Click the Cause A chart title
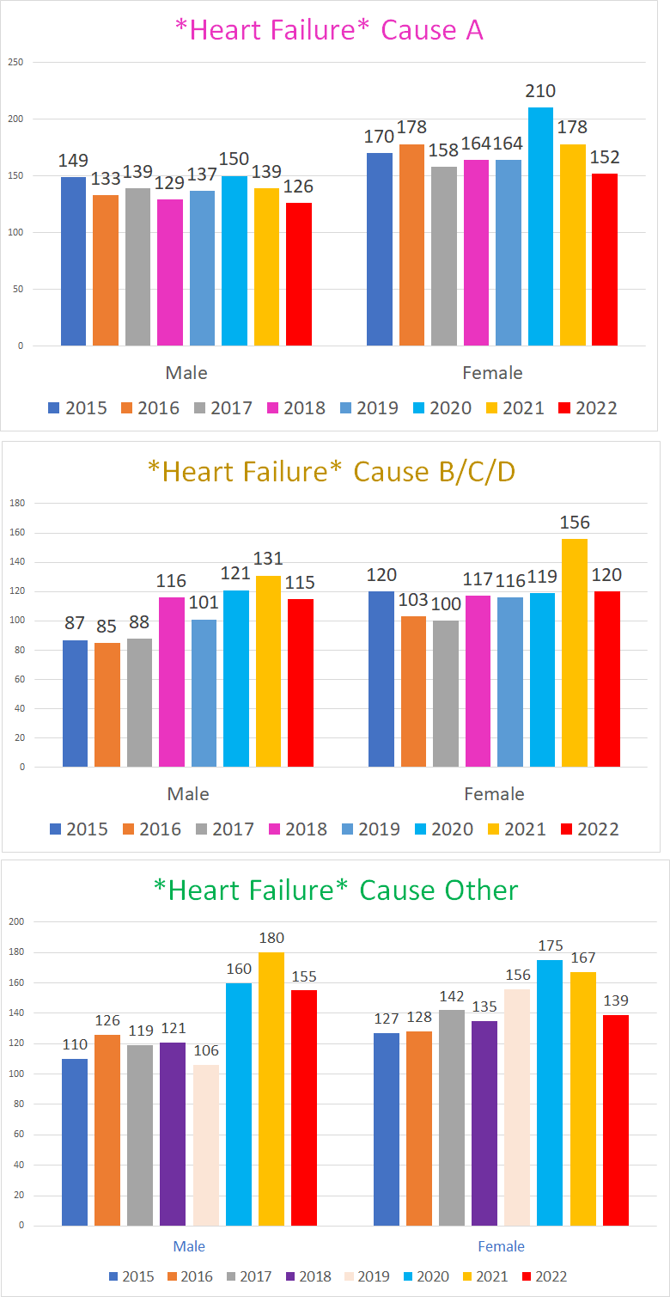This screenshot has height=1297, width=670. (x=329, y=30)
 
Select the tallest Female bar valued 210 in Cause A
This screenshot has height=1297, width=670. (x=540, y=227)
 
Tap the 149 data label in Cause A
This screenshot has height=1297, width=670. (x=73, y=161)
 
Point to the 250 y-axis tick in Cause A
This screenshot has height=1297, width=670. (x=16, y=62)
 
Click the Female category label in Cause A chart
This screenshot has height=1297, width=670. (x=492, y=373)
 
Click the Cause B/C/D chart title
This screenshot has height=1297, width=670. (x=332, y=472)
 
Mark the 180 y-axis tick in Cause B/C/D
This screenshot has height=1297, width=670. (x=16, y=503)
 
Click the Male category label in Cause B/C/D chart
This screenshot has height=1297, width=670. (x=187, y=794)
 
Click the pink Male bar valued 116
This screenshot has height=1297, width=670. (x=172, y=682)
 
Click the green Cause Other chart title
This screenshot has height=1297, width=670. (x=336, y=890)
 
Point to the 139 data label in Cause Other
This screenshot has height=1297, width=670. (x=615, y=1000)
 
